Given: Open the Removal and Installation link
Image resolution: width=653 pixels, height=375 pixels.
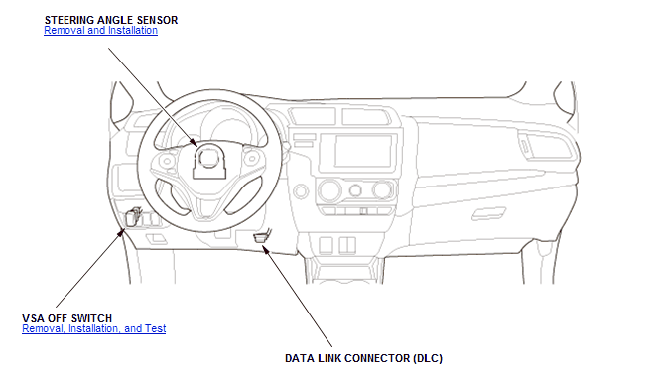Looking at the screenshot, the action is pyautogui.click(x=101, y=31).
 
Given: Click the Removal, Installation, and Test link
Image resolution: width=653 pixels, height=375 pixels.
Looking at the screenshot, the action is pyautogui.click(x=93, y=328).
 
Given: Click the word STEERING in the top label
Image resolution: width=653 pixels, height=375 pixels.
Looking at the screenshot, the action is pyautogui.click(x=69, y=20).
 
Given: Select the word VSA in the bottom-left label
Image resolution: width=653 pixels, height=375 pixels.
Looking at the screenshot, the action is pyautogui.click(x=34, y=318).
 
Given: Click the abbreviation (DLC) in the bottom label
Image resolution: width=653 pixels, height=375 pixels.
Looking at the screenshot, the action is pyautogui.click(x=428, y=358).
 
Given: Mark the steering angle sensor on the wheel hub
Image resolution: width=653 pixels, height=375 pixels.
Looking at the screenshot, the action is pyautogui.click(x=209, y=161).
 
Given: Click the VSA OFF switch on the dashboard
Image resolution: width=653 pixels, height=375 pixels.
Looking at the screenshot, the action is pyautogui.click(x=132, y=217).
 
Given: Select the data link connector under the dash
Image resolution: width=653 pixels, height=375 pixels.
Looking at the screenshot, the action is pyautogui.click(x=261, y=237).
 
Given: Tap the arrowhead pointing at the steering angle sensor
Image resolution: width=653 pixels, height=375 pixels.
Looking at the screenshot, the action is pyautogui.click(x=195, y=143).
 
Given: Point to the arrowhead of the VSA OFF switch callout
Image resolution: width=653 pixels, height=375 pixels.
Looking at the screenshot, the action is pyautogui.click(x=121, y=232).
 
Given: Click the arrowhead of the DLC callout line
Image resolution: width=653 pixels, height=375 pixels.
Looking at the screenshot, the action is pyautogui.click(x=264, y=248).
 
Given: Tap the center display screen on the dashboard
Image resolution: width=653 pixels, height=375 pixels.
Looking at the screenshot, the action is pyautogui.click(x=363, y=150).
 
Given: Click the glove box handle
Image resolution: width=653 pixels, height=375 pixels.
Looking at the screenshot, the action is pyautogui.click(x=488, y=213).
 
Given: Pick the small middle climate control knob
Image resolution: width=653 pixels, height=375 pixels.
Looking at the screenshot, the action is pyautogui.click(x=355, y=190).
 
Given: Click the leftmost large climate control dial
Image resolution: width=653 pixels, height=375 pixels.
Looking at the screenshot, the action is pyautogui.click(x=329, y=190).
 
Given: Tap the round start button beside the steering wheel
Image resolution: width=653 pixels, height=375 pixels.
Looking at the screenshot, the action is pyautogui.click(x=301, y=191).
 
